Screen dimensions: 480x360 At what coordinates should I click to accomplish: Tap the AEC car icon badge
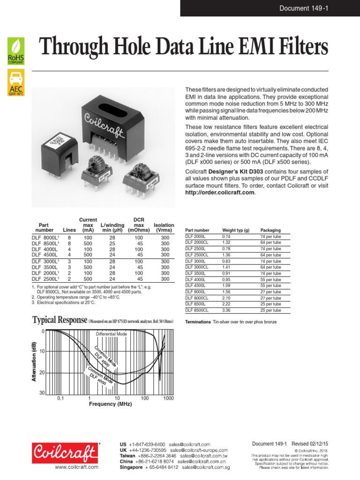pyautogui.click(x=16, y=82)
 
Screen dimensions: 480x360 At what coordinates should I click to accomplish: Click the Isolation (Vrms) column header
pyautogui.click(x=164, y=228)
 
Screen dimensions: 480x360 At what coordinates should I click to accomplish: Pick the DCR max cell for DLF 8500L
pyautogui.click(x=139, y=244)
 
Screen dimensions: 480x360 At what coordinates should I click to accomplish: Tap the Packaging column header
pyautogui.click(x=270, y=231)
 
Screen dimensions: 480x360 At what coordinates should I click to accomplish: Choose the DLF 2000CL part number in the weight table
pyautogui.click(x=198, y=243)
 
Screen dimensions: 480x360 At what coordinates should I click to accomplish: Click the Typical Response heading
pyautogui.click(x=59, y=320)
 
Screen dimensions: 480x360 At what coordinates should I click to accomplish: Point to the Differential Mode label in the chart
pyautogui.click(x=112, y=334)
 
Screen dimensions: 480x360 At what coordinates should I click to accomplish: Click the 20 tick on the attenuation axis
pyautogui.click(x=42, y=373)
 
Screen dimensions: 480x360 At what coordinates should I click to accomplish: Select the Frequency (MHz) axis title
pyautogui.click(x=110, y=404)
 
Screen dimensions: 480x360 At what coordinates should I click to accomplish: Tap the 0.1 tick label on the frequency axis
pyautogui.click(x=60, y=398)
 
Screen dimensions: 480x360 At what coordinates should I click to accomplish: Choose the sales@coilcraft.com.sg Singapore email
pyautogui.click(x=206, y=467)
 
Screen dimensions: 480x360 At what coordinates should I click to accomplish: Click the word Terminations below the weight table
pyautogui.click(x=198, y=322)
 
